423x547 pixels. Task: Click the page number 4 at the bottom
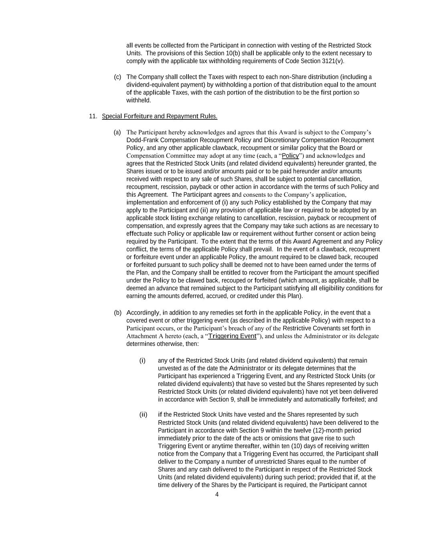pyautogui.click(x=217, y=494)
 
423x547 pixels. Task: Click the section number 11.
pyautogui.click(x=93, y=116)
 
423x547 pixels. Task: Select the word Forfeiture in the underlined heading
pyautogui.click(x=138, y=116)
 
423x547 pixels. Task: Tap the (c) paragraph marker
pyautogui.click(x=117, y=77)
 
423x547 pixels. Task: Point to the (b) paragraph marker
pyautogui.click(x=117, y=313)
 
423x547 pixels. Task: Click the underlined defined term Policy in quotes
pyautogui.click(x=290, y=155)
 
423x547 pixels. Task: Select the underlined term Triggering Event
pyautogui.click(x=232, y=336)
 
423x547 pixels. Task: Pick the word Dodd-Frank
pyautogui.click(x=141, y=140)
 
